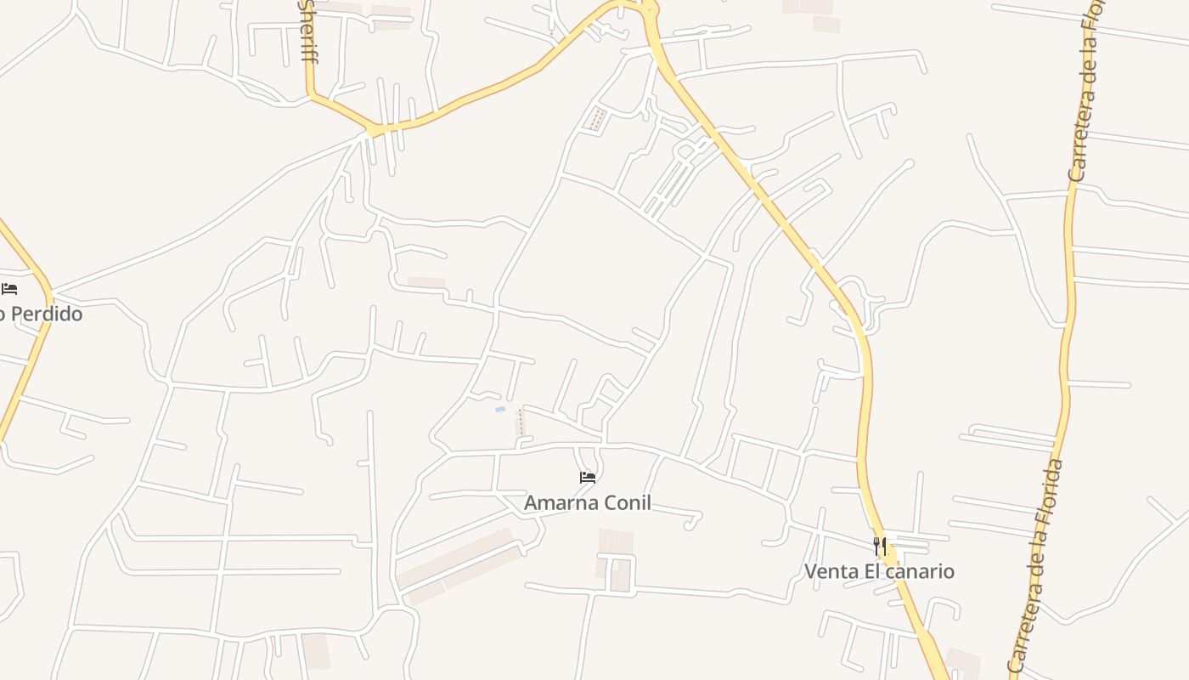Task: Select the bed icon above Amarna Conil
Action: tap(588, 478)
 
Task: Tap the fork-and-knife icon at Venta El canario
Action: tap(881, 546)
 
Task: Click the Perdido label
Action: tap(42, 314)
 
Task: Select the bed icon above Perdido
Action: tap(9, 289)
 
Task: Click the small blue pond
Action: tap(501, 410)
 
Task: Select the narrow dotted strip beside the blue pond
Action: tap(521, 422)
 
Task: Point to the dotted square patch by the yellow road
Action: tap(597, 119)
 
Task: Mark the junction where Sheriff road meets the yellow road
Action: tap(311, 95)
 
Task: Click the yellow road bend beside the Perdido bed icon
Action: tap(48, 293)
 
